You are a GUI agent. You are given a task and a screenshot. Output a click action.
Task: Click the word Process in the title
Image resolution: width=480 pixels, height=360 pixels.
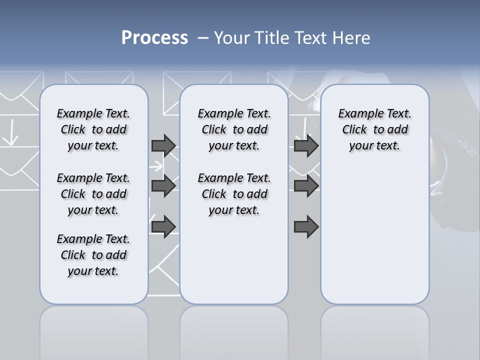(154, 38)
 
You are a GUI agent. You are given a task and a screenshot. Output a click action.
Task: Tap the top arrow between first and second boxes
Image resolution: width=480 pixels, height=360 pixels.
(163, 145)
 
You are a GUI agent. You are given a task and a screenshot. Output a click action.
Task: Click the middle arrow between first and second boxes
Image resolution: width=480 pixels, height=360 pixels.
(163, 186)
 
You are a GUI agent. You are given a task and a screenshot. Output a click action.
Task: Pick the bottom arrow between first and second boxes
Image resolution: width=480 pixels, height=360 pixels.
(163, 226)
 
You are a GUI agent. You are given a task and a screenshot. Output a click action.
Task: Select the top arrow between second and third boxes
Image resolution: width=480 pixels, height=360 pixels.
(306, 145)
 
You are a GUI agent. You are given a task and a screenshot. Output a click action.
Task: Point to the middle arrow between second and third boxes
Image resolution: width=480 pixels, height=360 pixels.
(306, 186)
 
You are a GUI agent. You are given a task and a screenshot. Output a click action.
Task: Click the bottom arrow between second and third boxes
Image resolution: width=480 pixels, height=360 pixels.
(306, 226)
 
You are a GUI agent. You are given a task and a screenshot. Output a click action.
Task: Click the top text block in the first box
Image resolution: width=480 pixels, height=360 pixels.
(93, 129)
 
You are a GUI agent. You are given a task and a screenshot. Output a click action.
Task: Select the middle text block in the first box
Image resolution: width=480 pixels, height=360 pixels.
(93, 194)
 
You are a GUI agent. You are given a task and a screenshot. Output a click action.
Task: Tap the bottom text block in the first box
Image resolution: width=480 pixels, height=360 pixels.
(93, 255)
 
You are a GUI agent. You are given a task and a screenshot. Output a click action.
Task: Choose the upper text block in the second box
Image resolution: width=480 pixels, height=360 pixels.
(234, 129)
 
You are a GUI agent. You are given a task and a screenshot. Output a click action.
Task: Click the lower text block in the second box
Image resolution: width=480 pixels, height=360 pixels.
(234, 194)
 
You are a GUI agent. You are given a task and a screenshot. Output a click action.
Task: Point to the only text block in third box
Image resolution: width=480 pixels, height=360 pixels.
(374, 129)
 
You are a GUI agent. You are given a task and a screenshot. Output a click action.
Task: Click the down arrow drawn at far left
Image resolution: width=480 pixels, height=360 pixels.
(11, 134)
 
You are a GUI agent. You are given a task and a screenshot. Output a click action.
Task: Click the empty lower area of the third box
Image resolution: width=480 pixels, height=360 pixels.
(374, 240)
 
